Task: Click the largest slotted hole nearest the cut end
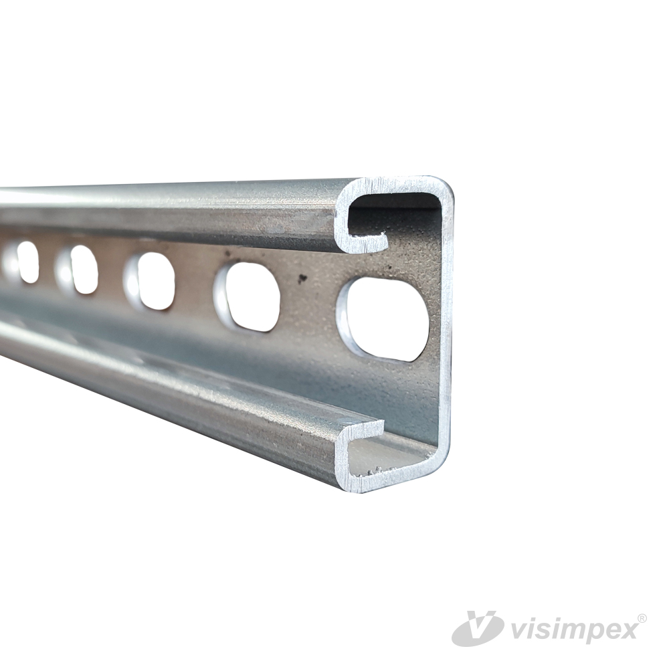pyautogui.click(x=383, y=320)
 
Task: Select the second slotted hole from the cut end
pyautogui.click(x=247, y=298)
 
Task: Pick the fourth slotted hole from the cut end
pyautogui.click(x=77, y=269)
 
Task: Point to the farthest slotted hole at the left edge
pyautogui.click(x=21, y=262)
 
